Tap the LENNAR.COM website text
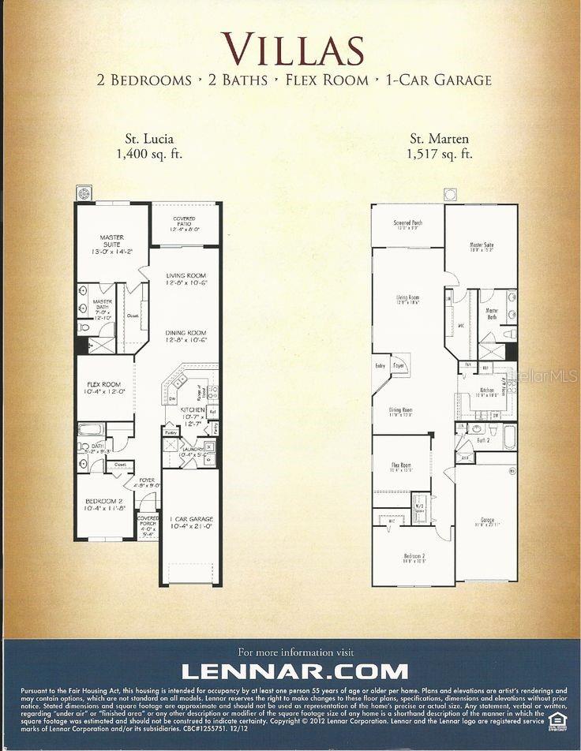coord(295,671)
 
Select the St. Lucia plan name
coord(148,140)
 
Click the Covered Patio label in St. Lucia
coord(185,223)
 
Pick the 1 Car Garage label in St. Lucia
coord(191,521)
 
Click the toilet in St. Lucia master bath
coord(84,327)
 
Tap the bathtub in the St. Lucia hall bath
coord(91,429)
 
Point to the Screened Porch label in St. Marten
coord(407,224)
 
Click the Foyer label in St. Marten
coord(399,366)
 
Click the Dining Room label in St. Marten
coord(401,412)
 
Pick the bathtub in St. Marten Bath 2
coord(508,436)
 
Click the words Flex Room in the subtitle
coord(333,80)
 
